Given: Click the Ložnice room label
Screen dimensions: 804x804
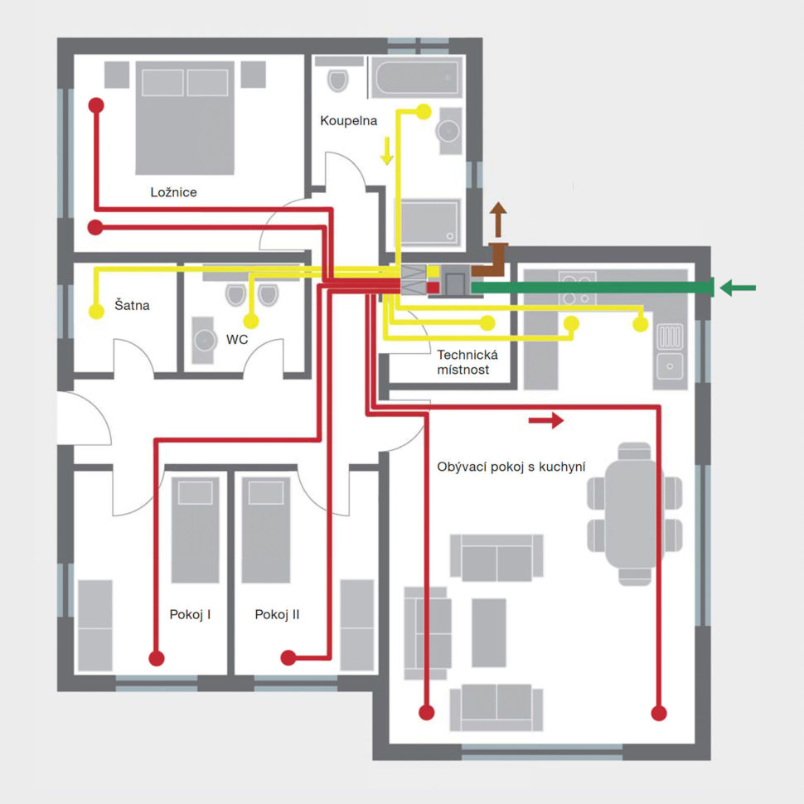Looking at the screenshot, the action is click(173, 192).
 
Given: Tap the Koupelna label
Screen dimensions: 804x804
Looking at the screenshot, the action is click(349, 120).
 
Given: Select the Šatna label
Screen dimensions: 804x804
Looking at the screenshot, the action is click(132, 305).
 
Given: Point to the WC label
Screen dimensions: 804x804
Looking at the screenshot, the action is click(237, 340).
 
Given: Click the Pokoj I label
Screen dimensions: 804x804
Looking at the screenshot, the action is click(190, 614).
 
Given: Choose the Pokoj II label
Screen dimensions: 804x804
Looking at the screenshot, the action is click(277, 614).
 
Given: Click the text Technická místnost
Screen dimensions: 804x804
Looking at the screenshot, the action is click(467, 362).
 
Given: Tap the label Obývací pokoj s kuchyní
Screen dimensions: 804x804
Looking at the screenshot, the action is click(511, 467).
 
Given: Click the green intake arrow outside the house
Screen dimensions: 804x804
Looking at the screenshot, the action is click(738, 288).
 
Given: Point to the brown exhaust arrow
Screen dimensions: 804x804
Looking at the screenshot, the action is click(498, 220).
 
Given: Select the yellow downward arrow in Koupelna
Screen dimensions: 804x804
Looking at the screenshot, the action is click(387, 151).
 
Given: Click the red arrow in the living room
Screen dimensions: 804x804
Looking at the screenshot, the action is click(546, 421).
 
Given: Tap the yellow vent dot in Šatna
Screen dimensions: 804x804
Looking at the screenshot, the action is click(96, 311).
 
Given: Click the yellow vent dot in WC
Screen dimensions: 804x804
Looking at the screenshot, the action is click(251, 321).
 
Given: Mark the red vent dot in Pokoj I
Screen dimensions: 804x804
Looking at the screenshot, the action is click(157, 658).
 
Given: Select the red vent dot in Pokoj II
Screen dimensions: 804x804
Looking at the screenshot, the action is click(288, 657).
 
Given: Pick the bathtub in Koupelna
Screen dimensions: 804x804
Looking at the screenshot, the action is click(416, 77).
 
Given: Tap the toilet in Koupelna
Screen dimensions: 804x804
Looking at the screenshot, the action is click(338, 80).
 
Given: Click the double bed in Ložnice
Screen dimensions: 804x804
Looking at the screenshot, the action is click(185, 118).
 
